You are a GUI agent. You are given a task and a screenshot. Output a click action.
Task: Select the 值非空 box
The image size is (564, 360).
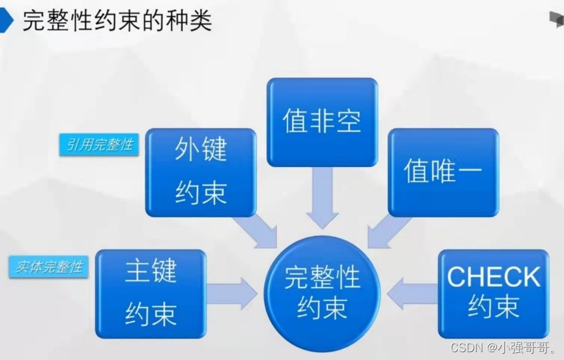click(x=322, y=121)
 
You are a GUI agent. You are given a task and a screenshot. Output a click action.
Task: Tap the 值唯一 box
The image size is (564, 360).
click(x=443, y=172)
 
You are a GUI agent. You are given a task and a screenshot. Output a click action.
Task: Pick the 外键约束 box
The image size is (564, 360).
click(x=200, y=172)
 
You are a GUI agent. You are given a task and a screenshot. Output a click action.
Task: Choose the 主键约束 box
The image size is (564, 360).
click(x=151, y=293)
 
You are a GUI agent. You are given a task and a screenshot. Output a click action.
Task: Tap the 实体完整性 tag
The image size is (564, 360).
click(x=50, y=267)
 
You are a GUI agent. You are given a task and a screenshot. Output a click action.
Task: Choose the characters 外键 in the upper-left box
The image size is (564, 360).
click(x=200, y=151)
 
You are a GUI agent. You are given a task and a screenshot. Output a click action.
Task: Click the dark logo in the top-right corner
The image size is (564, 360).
click(x=556, y=21)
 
